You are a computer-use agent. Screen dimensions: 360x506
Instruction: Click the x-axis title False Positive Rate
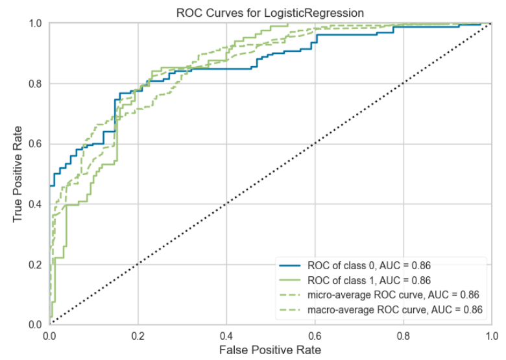point(270,350)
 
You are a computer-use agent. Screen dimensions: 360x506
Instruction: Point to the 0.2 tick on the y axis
point(36,264)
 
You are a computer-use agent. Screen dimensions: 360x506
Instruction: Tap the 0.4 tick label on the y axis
point(36,204)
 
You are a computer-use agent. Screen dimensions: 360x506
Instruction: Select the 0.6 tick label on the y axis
point(36,144)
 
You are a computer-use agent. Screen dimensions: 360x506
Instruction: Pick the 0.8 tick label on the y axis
point(36,84)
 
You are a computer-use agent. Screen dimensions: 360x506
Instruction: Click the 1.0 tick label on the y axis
point(36,24)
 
